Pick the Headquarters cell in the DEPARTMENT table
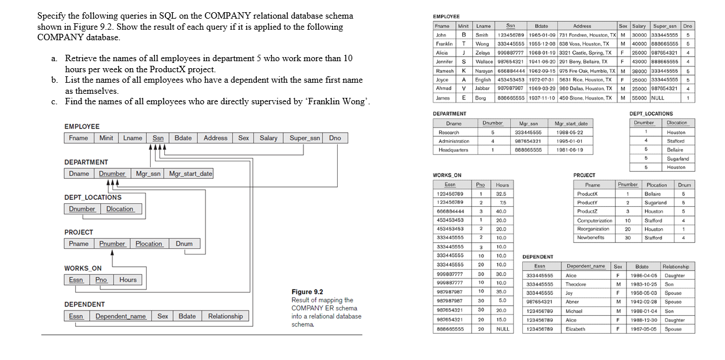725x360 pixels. click(x=453, y=150)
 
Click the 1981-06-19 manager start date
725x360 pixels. click(x=571, y=150)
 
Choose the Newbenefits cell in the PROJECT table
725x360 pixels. click(x=590, y=238)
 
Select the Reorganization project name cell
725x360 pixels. click(x=593, y=229)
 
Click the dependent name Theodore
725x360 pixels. click(x=575, y=284)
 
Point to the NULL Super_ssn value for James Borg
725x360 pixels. click(x=657, y=97)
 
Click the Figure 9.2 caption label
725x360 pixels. click(x=307, y=292)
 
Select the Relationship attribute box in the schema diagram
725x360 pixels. click(x=225, y=316)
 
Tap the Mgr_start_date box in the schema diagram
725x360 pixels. click(x=190, y=174)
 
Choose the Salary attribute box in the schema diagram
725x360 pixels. click(x=268, y=138)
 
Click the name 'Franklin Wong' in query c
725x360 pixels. click(x=340, y=102)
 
